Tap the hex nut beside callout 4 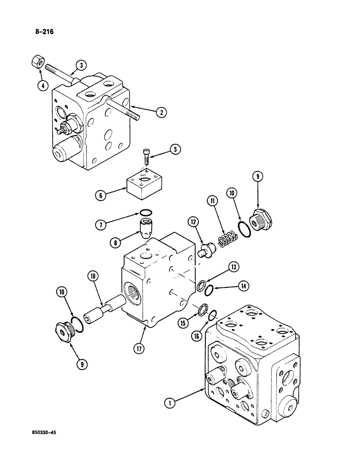(x=38, y=61)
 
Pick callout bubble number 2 (x=160, y=112)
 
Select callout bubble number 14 (x=244, y=286)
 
